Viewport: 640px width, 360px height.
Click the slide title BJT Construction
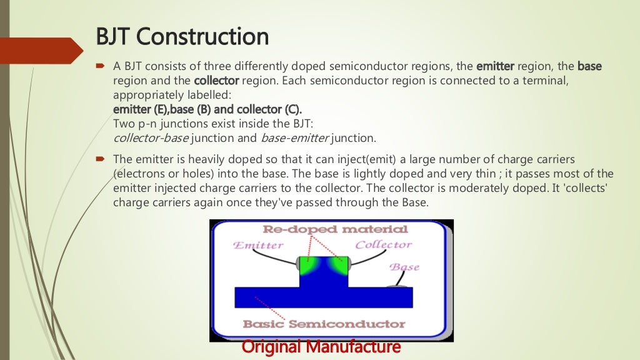pyautogui.click(x=182, y=37)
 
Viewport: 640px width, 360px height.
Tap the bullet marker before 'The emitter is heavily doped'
pyautogui.click(x=99, y=160)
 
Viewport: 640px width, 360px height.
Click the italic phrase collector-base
pyautogui.click(x=151, y=138)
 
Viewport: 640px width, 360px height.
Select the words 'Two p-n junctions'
pyautogui.click(x=156, y=124)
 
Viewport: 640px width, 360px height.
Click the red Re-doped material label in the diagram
pyautogui.click(x=335, y=229)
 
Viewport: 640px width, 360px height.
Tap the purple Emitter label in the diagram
pyautogui.click(x=258, y=246)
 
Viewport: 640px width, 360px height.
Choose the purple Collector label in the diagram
pyautogui.click(x=383, y=245)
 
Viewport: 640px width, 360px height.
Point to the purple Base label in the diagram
pyautogui.click(x=404, y=267)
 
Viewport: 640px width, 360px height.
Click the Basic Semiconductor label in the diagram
pyautogui.click(x=324, y=324)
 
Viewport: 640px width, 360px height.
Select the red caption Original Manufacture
pyautogui.click(x=321, y=346)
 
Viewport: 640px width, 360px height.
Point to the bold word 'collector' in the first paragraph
pyautogui.click(x=216, y=81)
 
